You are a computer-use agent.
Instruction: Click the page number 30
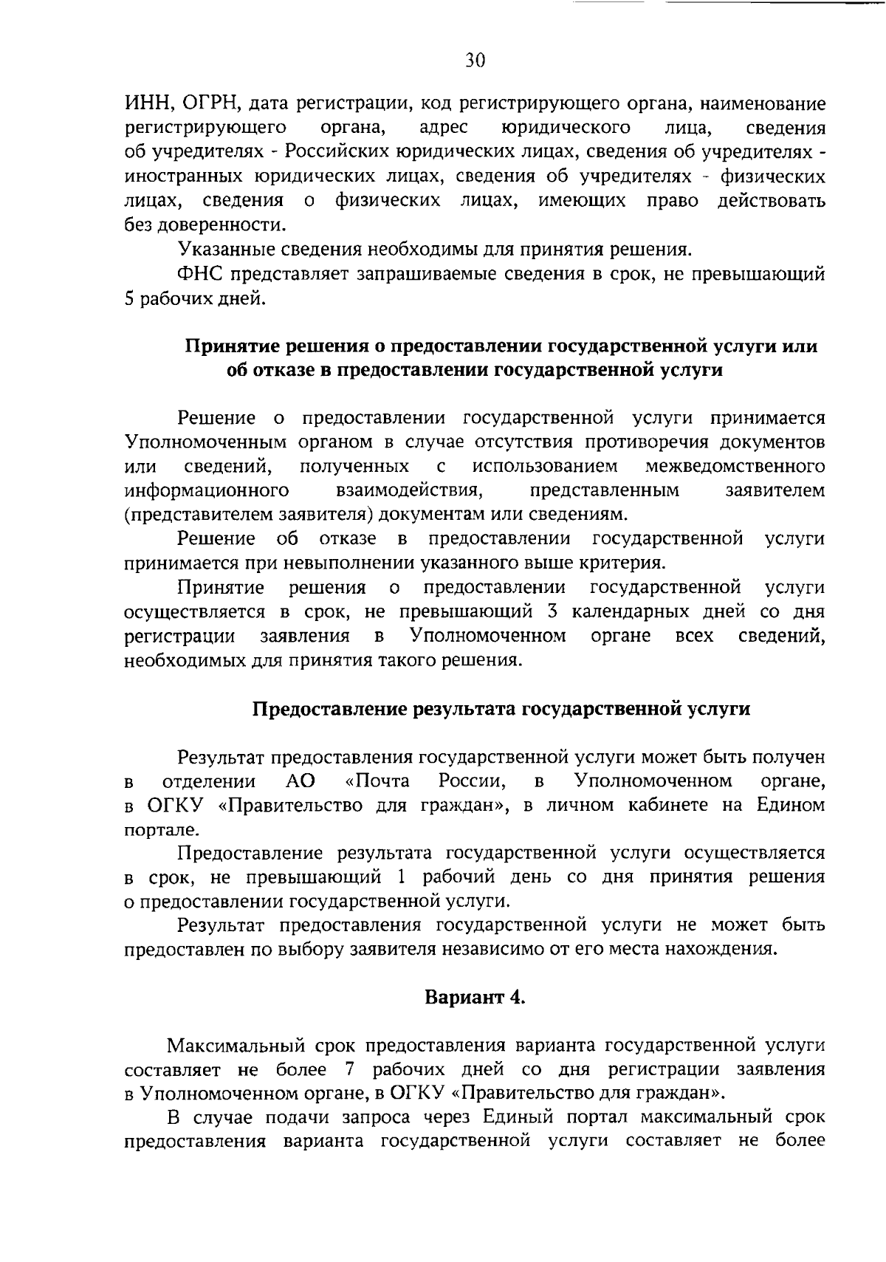(x=475, y=61)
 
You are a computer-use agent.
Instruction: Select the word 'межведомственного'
(x=735, y=467)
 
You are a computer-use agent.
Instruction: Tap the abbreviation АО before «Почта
(x=300, y=781)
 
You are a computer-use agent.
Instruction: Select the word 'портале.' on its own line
(x=151, y=829)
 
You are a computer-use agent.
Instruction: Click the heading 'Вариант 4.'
(x=475, y=998)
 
